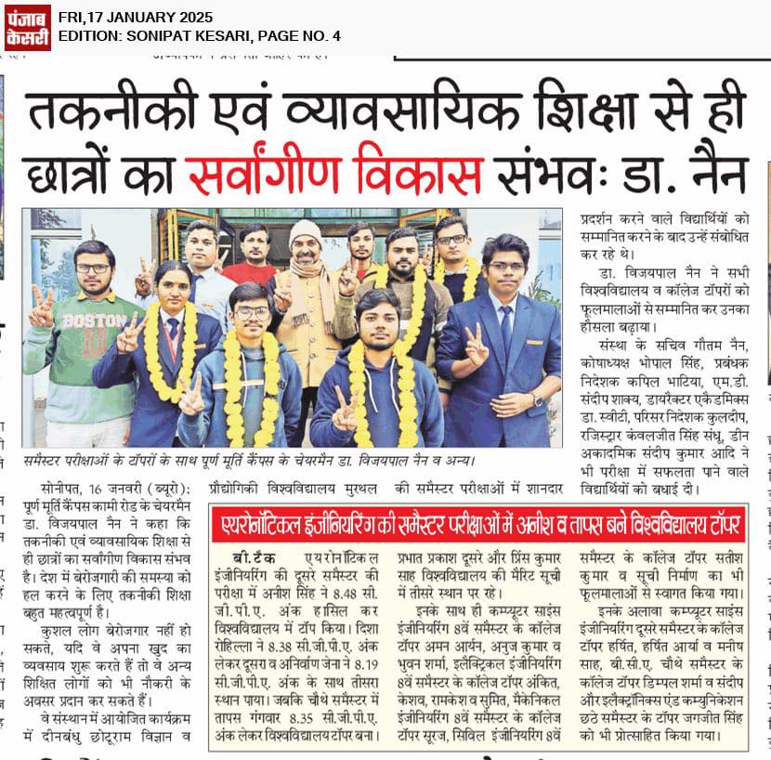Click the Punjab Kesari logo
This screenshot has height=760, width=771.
tap(27, 26)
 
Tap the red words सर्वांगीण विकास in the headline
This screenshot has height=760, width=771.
tap(334, 174)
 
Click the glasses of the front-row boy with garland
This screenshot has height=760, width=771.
tap(251, 312)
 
